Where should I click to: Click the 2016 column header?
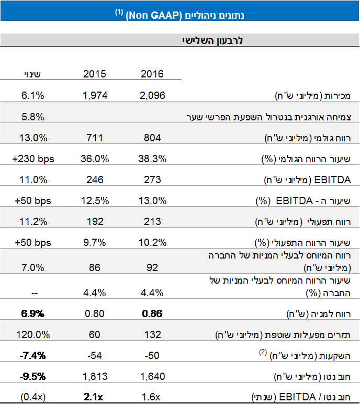click(x=152, y=74)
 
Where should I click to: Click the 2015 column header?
click(x=95, y=74)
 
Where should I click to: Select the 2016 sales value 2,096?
click(x=152, y=95)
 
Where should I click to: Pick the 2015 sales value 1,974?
click(x=95, y=95)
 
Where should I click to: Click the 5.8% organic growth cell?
click(x=33, y=116)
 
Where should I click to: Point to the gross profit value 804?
click(x=152, y=138)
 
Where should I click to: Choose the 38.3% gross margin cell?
click(x=152, y=159)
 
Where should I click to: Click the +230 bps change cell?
click(x=33, y=159)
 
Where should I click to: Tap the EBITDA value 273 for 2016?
click(x=152, y=179)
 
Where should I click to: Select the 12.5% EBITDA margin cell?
click(x=95, y=200)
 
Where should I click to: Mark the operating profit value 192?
click(x=95, y=221)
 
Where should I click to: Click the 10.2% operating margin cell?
click(x=152, y=242)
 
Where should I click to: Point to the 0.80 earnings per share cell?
click(x=95, y=314)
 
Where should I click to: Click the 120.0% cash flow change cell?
click(x=33, y=334)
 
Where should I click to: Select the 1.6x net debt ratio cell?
click(x=152, y=396)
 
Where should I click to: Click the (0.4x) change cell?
click(x=33, y=396)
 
